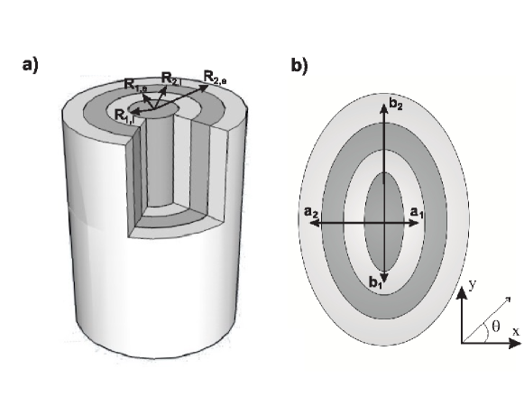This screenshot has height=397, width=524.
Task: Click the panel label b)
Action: (299, 66)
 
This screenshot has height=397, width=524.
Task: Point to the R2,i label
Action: (170, 78)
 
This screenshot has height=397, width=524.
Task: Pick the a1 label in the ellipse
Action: (417, 212)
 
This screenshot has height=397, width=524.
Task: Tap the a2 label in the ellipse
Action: (313, 213)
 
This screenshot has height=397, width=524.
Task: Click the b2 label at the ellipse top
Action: (397, 106)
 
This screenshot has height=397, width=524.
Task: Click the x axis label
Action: (516, 330)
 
